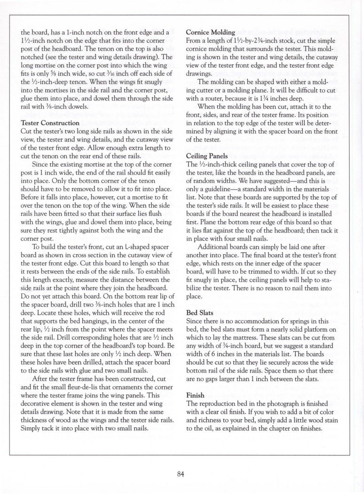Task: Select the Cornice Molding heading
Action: click(211, 32)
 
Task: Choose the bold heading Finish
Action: click(196, 396)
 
